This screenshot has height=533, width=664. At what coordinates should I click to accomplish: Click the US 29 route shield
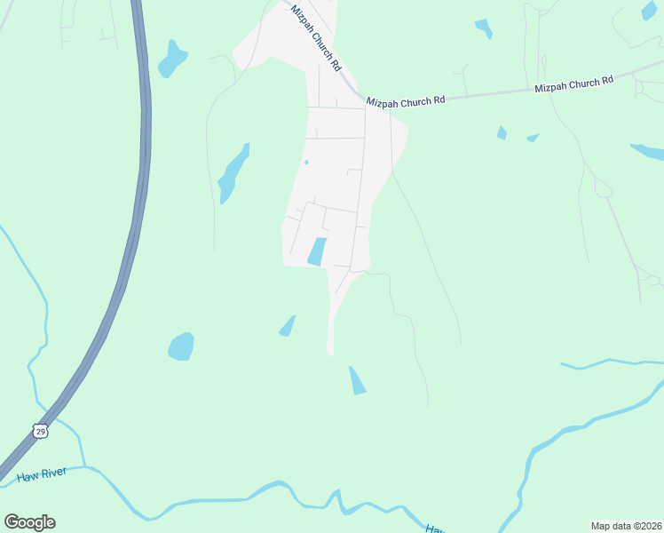[x=39, y=431]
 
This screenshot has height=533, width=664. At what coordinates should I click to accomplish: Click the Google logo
[x=30, y=521]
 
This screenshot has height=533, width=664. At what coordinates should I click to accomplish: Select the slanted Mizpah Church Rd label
[x=316, y=37]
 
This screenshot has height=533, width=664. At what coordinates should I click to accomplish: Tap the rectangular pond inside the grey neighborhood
[x=317, y=251]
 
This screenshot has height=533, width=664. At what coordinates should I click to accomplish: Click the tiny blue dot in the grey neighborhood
[x=306, y=162]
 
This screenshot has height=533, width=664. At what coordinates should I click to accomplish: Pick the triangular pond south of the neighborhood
[x=357, y=382]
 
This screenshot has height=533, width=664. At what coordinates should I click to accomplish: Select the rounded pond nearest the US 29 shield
[x=181, y=346]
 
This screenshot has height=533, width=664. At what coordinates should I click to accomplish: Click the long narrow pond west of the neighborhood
[x=233, y=173]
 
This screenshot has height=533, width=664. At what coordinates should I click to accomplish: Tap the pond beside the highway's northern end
[x=172, y=60]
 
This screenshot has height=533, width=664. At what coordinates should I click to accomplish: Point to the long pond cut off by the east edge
[x=648, y=151]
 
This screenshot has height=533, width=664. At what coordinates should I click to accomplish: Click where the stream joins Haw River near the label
[x=85, y=465]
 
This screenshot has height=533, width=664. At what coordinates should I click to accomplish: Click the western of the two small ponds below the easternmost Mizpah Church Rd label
[x=502, y=133]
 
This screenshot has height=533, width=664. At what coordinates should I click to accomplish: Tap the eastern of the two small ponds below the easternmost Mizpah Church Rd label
[x=533, y=138]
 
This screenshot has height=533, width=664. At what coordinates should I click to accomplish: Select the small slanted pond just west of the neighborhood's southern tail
[x=287, y=327]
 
